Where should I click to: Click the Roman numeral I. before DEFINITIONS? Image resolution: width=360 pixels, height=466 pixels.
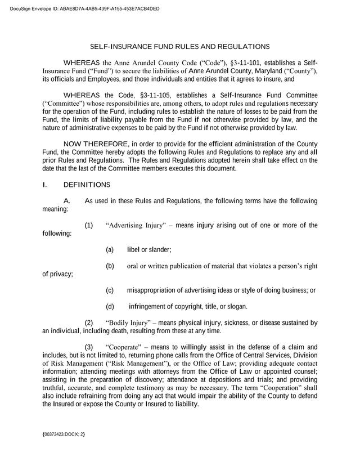(x=44, y=184)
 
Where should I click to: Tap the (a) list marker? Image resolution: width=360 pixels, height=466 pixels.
(x=110, y=249)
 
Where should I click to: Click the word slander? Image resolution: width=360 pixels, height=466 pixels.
(x=160, y=249)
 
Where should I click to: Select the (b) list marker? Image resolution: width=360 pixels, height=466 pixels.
(x=110, y=266)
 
